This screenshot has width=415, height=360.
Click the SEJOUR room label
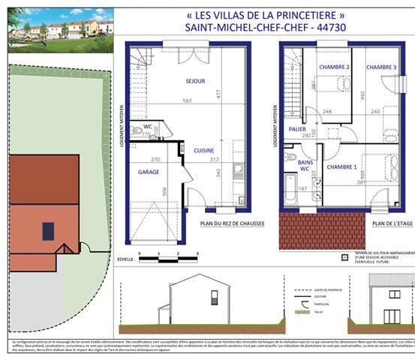(196, 82)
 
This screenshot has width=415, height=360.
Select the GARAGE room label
(147, 172)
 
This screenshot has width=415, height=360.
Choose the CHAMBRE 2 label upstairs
(335, 67)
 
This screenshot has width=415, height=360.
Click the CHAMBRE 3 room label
(380, 67)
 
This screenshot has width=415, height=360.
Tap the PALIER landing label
(298, 129)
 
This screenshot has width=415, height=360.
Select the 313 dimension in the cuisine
(214, 159)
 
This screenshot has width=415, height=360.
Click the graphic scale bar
(169, 257)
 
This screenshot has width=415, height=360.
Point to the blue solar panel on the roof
(49, 229)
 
